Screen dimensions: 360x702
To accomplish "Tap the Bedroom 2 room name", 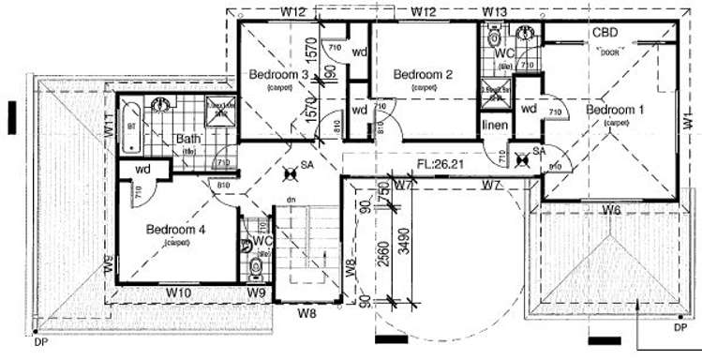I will click(423, 75).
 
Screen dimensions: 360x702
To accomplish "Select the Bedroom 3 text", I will click(278, 75).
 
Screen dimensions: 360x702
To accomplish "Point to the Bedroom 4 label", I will click(175, 229).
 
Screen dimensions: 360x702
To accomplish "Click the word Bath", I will click(188, 141).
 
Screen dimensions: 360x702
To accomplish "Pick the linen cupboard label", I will click(495, 126).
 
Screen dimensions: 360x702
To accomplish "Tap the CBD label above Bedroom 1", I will click(605, 33).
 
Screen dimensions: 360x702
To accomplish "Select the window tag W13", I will click(495, 11).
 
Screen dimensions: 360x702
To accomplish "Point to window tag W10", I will click(179, 293).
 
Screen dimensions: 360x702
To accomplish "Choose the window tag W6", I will click(611, 208).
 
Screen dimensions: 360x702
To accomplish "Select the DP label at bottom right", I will click(679, 328).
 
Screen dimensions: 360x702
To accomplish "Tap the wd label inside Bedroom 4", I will click(143, 170).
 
